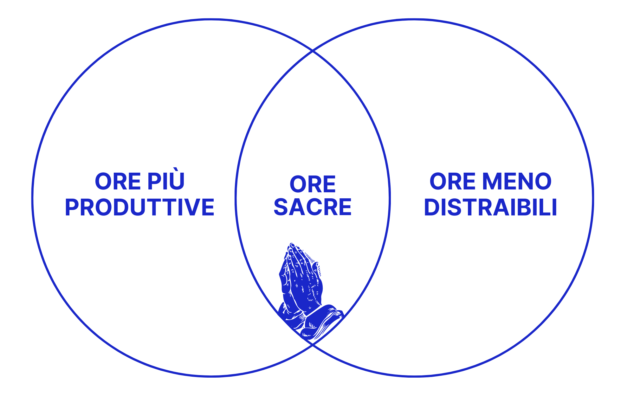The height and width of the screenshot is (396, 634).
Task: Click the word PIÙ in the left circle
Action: tap(166, 181)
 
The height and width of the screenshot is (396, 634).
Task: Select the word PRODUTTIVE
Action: tap(139, 208)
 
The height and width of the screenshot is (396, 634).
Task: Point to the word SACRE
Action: tap(313, 208)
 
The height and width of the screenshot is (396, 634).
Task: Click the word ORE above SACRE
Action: tap(313, 184)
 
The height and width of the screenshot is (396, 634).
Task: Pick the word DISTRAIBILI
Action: tap(490, 208)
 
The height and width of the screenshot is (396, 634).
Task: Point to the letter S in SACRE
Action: tap(281, 208)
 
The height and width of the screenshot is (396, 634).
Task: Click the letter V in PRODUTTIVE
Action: tap(193, 208)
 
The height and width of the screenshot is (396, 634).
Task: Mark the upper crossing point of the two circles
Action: tap(313, 50)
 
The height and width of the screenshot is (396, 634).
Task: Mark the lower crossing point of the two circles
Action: tap(313, 345)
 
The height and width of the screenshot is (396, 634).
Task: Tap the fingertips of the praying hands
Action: tap(292, 246)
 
